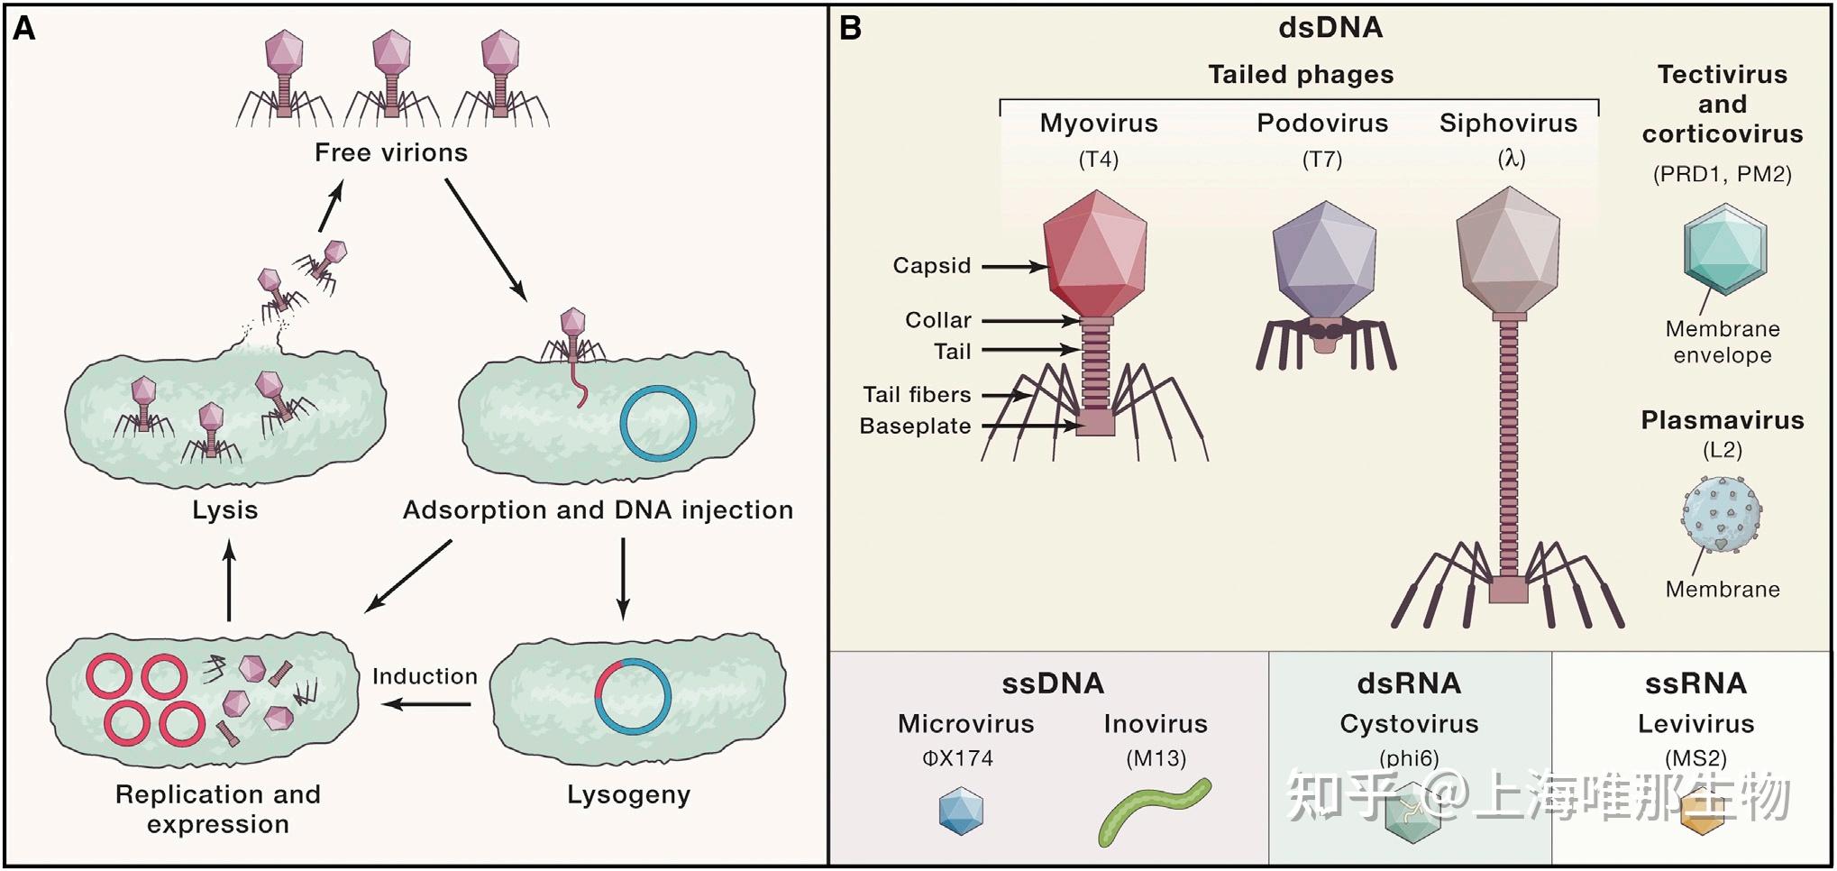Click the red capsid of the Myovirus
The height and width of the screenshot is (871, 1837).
pyautogui.click(x=1095, y=253)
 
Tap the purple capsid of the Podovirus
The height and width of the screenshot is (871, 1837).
pyautogui.click(x=1324, y=260)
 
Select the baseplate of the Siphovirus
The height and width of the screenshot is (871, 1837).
pyautogui.click(x=1508, y=590)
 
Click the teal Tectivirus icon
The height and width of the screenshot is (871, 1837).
pyautogui.click(x=1725, y=249)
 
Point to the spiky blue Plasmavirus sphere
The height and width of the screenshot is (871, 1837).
pyautogui.click(x=1722, y=514)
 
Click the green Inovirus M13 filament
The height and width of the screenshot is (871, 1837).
pyautogui.click(x=1155, y=811)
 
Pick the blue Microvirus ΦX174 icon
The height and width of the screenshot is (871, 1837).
pyautogui.click(x=961, y=811)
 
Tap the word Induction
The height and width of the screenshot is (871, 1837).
pyautogui.click(x=425, y=676)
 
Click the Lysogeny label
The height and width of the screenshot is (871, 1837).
pyautogui.click(x=628, y=795)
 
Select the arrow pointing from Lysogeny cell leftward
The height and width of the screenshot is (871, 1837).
pyautogui.click(x=425, y=703)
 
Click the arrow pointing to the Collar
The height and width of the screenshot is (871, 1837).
pyautogui.click(x=1030, y=320)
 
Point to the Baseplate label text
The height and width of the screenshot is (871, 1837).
pyautogui.click(x=915, y=426)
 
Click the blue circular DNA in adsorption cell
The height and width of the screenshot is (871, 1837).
pyautogui.click(x=658, y=423)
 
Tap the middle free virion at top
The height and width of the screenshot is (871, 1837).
pyautogui.click(x=392, y=76)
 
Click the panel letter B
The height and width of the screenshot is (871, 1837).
pyautogui.click(x=850, y=29)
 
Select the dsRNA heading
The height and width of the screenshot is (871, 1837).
pyautogui.click(x=1409, y=683)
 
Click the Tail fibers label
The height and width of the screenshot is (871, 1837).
pyautogui.click(x=917, y=394)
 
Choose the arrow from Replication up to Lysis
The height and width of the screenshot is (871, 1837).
pyautogui.click(x=229, y=581)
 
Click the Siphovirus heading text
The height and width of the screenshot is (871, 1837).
pyautogui.click(x=1508, y=124)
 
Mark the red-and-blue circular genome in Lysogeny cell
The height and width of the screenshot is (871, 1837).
pyautogui.click(x=633, y=697)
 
